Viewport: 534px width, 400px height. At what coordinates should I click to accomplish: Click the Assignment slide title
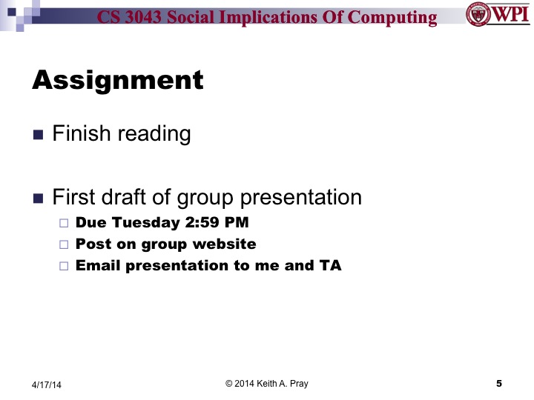(117, 79)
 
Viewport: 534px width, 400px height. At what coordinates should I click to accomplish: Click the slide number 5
(498, 383)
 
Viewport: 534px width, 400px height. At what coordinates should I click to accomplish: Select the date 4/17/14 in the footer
(47, 384)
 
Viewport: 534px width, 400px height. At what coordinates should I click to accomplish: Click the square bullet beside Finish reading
(39, 136)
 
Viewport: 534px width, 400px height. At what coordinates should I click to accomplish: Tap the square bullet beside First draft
(39, 199)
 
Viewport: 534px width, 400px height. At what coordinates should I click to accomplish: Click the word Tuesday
(141, 222)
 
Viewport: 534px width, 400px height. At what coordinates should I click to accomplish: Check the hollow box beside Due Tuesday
(63, 222)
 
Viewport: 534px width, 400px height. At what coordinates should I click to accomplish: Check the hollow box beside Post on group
(63, 244)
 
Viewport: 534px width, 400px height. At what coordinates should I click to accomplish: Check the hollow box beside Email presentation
(63, 265)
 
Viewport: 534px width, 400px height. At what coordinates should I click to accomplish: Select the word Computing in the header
(397, 16)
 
